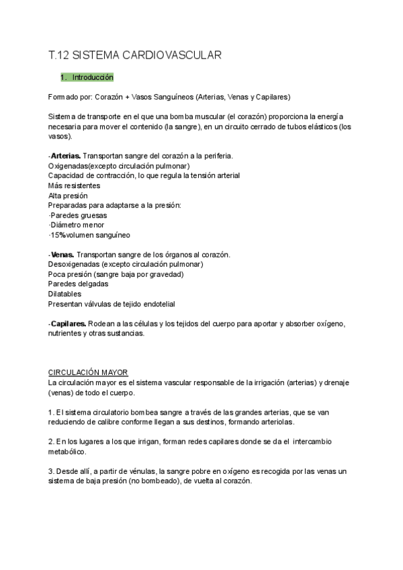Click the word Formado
click(x=63, y=96)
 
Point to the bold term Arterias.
click(x=65, y=156)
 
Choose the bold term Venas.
click(x=63, y=255)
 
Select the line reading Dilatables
click(x=65, y=294)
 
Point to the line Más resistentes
click(x=75, y=186)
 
